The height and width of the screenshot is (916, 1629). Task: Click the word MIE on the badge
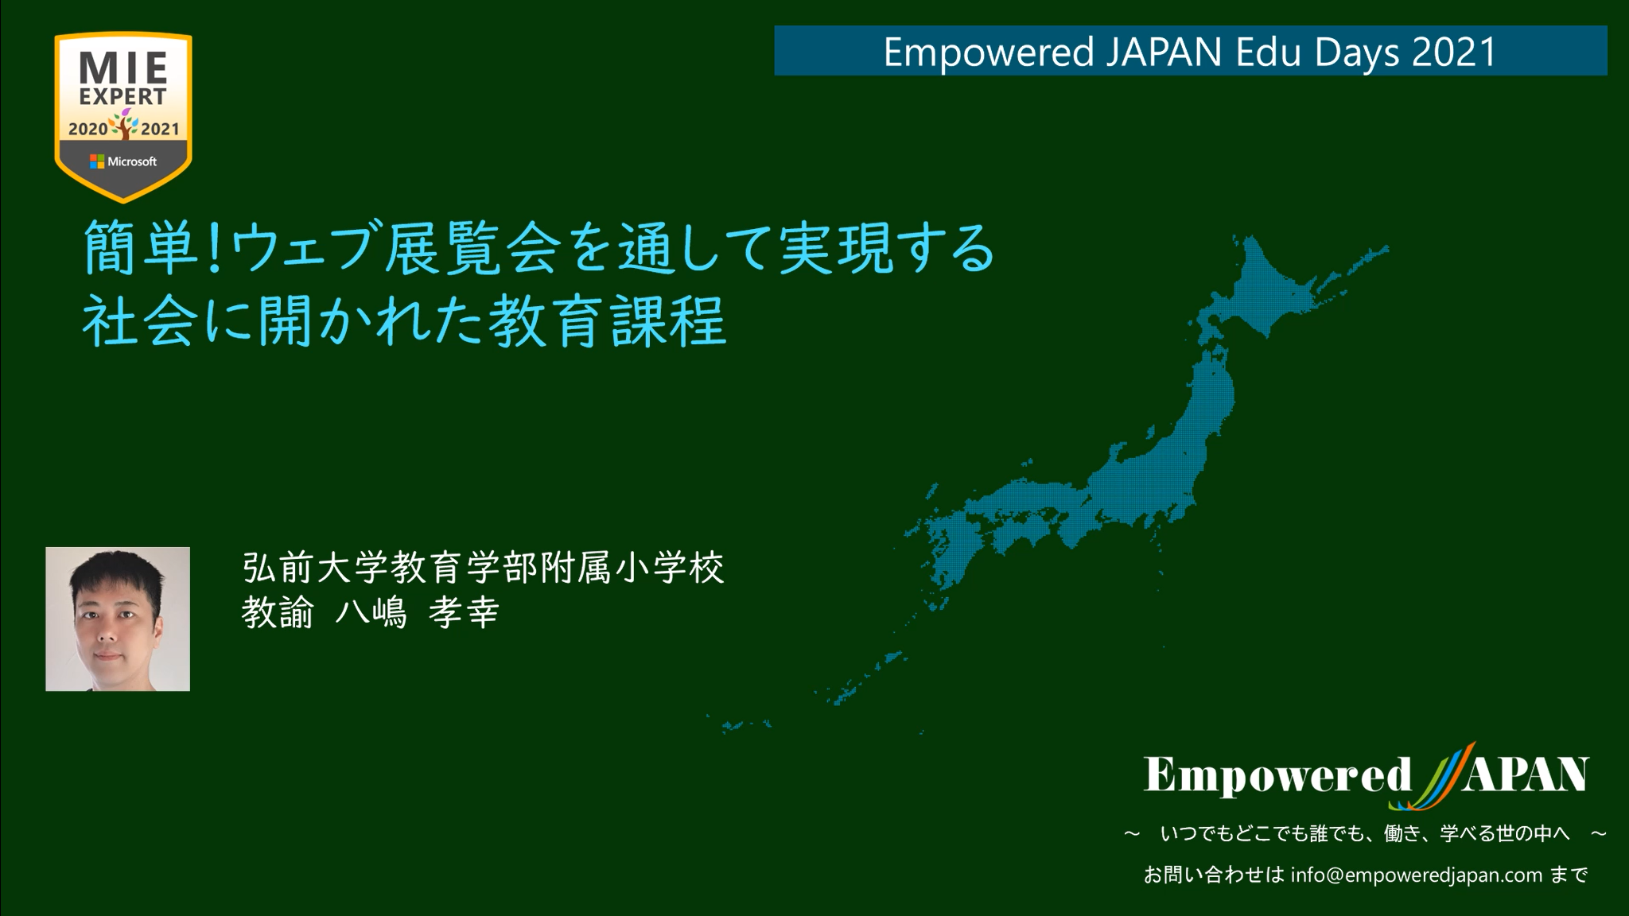[123, 68]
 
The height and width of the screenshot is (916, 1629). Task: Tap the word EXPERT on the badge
[123, 97]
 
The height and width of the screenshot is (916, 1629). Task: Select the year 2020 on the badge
[87, 129]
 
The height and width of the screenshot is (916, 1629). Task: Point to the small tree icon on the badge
[124, 125]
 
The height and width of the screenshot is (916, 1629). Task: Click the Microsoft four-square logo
[97, 161]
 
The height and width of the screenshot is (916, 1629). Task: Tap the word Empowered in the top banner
[989, 53]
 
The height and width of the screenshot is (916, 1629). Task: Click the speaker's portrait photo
[118, 619]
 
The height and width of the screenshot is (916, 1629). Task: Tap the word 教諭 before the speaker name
[278, 613]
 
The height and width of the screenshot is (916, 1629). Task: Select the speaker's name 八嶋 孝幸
[417, 613]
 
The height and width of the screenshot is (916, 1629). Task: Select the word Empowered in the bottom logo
[1277, 775]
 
